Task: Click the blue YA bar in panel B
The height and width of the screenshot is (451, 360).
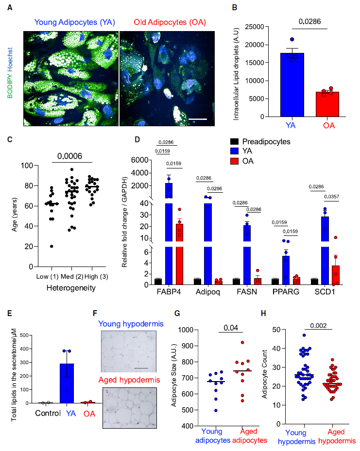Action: (292, 85)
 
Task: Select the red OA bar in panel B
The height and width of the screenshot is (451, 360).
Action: (327, 104)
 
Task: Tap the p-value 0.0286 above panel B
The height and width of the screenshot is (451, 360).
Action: (309, 21)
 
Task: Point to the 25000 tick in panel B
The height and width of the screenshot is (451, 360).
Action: (255, 27)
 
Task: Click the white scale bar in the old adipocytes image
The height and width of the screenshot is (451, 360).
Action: (198, 119)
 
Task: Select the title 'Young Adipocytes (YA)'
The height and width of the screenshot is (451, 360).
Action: (74, 22)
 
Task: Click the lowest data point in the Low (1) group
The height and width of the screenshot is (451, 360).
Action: (51, 246)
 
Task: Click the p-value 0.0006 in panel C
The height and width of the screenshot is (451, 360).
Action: (69, 156)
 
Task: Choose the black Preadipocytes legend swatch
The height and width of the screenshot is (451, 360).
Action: (235, 141)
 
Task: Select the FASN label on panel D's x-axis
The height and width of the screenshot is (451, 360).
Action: (247, 292)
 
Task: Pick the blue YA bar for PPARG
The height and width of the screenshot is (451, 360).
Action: (286, 270)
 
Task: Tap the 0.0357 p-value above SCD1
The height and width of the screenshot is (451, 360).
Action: (331, 197)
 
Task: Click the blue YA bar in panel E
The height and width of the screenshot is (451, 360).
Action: (67, 384)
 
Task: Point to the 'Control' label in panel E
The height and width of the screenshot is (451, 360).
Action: (48, 413)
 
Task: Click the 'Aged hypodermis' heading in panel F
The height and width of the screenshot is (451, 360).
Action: (129, 380)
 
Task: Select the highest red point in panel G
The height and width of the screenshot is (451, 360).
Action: (242, 343)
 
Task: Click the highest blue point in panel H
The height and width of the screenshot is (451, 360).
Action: (304, 335)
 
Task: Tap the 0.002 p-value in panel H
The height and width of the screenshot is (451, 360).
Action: (318, 326)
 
